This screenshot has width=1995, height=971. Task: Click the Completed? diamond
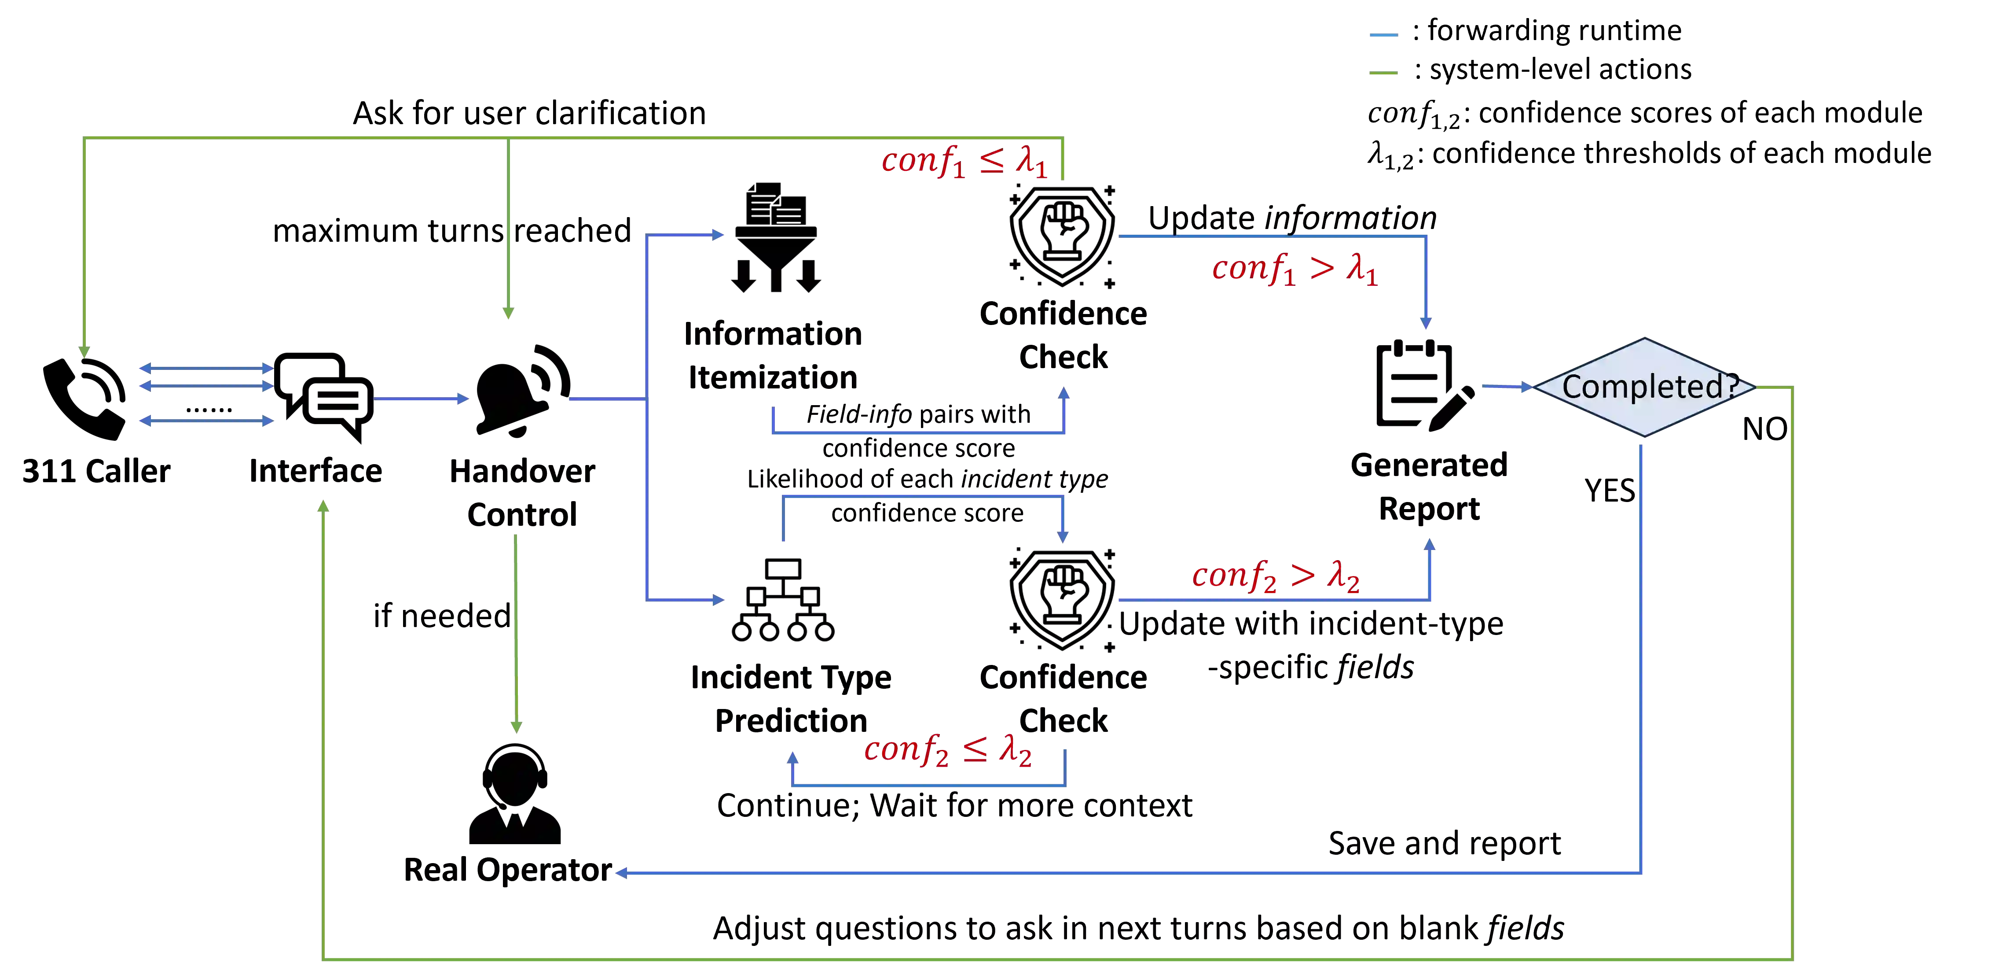(1645, 387)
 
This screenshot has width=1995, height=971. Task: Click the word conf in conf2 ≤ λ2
(896, 749)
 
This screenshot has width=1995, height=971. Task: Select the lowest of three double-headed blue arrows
(205, 421)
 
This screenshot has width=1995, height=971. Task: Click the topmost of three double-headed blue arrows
(205, 367)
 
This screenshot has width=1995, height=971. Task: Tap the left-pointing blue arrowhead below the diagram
(621, 873)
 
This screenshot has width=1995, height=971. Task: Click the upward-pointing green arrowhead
(324, 507)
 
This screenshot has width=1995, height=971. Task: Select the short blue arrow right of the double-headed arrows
(422, 399)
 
